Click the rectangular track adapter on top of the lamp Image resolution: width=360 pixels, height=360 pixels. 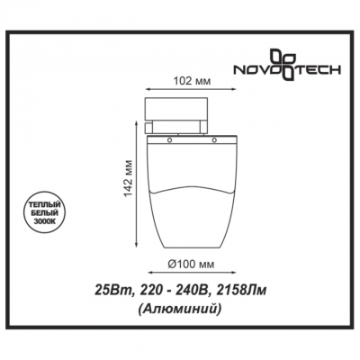point(184,112)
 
